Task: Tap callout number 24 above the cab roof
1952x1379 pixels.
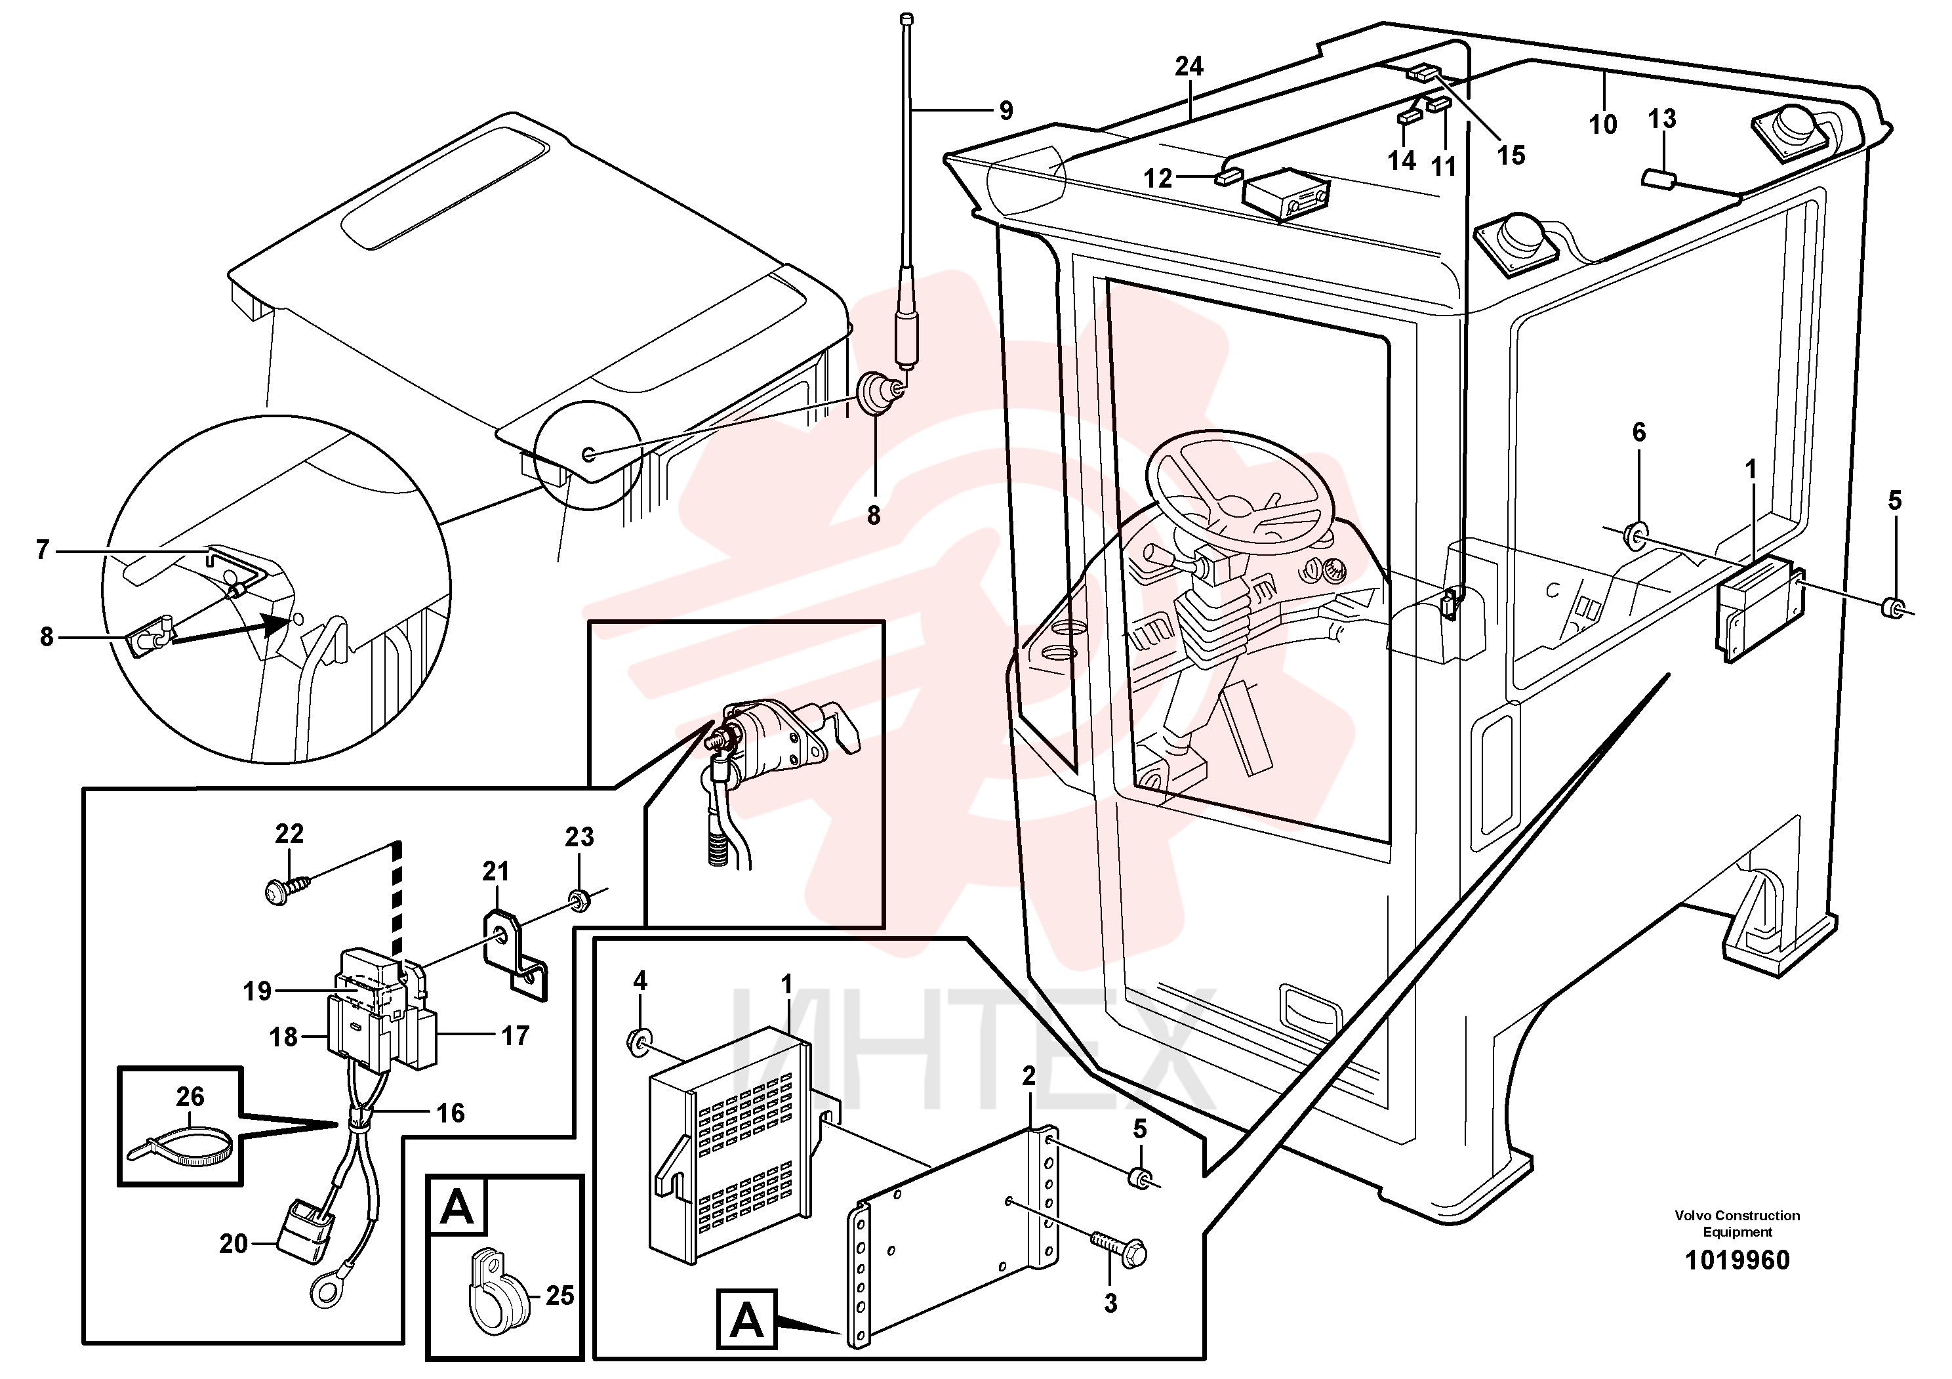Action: (x=1189, y=66)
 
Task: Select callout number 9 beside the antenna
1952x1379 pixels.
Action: (x=1006, y=110)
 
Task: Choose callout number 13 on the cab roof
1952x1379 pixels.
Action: (x=1662, y=119)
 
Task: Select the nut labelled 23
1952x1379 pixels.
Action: (x=580, y=899)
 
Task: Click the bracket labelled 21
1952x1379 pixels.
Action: (x=516, y=951)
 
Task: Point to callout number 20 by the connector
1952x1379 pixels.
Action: (x=234, y=1244)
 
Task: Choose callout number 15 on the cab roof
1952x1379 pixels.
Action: (x=1511, y=155)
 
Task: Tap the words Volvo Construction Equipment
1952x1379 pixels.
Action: (x=1737, y=1224)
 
